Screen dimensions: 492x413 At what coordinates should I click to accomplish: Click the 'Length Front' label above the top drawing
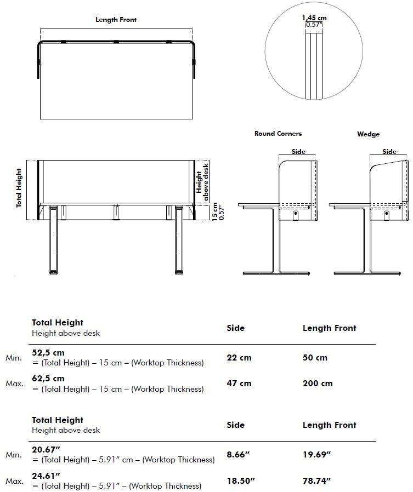click(116, 20)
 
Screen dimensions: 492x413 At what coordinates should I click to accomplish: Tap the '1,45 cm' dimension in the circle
click(314, 18)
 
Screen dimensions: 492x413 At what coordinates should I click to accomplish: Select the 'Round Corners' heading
click(278, 134)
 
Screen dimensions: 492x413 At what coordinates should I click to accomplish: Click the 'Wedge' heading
click(368, 134)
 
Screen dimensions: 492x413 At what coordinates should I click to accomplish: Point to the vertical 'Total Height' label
click(19, 188)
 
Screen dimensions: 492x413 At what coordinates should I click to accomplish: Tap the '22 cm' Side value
click(239, 358)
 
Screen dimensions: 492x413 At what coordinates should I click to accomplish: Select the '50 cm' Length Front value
click(315, 358)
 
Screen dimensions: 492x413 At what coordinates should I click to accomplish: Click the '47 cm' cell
click(239, 384)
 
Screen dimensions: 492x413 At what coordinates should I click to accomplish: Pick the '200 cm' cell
click(318, 384)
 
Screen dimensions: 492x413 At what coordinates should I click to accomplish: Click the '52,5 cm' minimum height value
click(48, 352)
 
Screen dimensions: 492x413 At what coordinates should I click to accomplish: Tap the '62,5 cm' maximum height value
click(48, 379)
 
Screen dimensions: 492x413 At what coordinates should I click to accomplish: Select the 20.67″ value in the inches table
click(46, 449)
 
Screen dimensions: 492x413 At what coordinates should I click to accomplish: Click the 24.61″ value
click(46, 475)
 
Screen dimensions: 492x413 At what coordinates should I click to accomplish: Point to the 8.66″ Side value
click(238, 454)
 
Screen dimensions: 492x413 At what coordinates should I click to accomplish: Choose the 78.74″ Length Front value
click(316, 480)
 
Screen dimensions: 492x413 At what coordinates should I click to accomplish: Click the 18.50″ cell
click(241, 480)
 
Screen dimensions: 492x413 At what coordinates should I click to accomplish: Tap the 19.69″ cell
click(316, 454)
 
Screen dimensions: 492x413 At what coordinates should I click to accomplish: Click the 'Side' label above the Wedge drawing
click(389, 152)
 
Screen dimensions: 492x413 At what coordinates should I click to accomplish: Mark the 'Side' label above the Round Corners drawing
click(298, 152)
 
